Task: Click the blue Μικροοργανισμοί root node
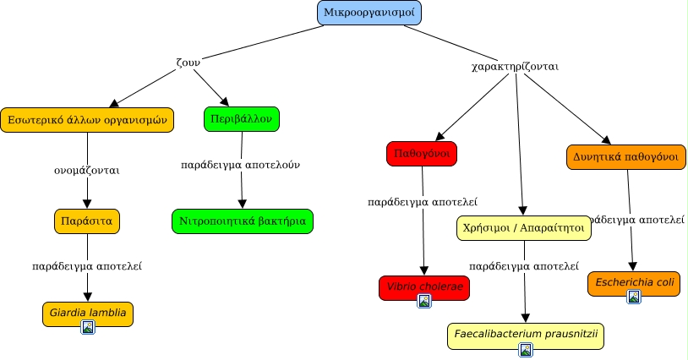click(x=369, y=14)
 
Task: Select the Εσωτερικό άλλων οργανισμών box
click(x=88, y=120)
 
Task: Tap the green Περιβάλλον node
click(x=242, y=119)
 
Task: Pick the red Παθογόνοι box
click(x=421, y=154)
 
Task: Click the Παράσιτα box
click(x=88, y=221)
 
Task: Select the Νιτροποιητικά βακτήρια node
click(x=243, y=221)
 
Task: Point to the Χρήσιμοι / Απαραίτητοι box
click(x=523, y=227)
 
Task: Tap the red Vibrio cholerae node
click(x=423, y=286)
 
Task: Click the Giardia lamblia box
click(x=88, y=312)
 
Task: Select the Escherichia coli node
click(x=634, y=282)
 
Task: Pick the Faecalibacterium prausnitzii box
click(x=526, y=334)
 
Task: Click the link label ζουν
click(x=188, y=61)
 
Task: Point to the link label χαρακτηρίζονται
click(x=515, y=66)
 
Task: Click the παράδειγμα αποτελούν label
click(x=241, y=165)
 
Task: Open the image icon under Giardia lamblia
click(x=87, y=326)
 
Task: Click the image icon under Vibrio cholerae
click(x=424, y=301)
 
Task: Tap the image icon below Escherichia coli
click(x=634, y=297)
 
